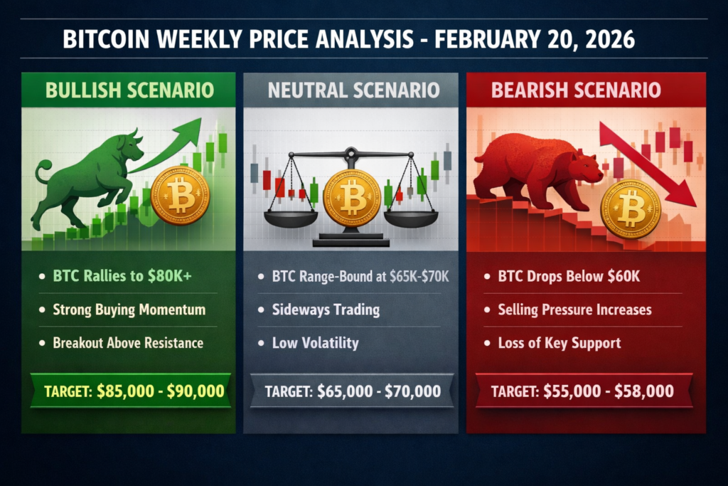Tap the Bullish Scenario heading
click(129, 90)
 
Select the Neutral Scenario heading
click(353, 90)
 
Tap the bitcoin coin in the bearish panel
click(631, 208)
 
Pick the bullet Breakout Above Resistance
click(128, 342)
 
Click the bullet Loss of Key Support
click(559, 342)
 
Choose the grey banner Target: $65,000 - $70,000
click(353, 391)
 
